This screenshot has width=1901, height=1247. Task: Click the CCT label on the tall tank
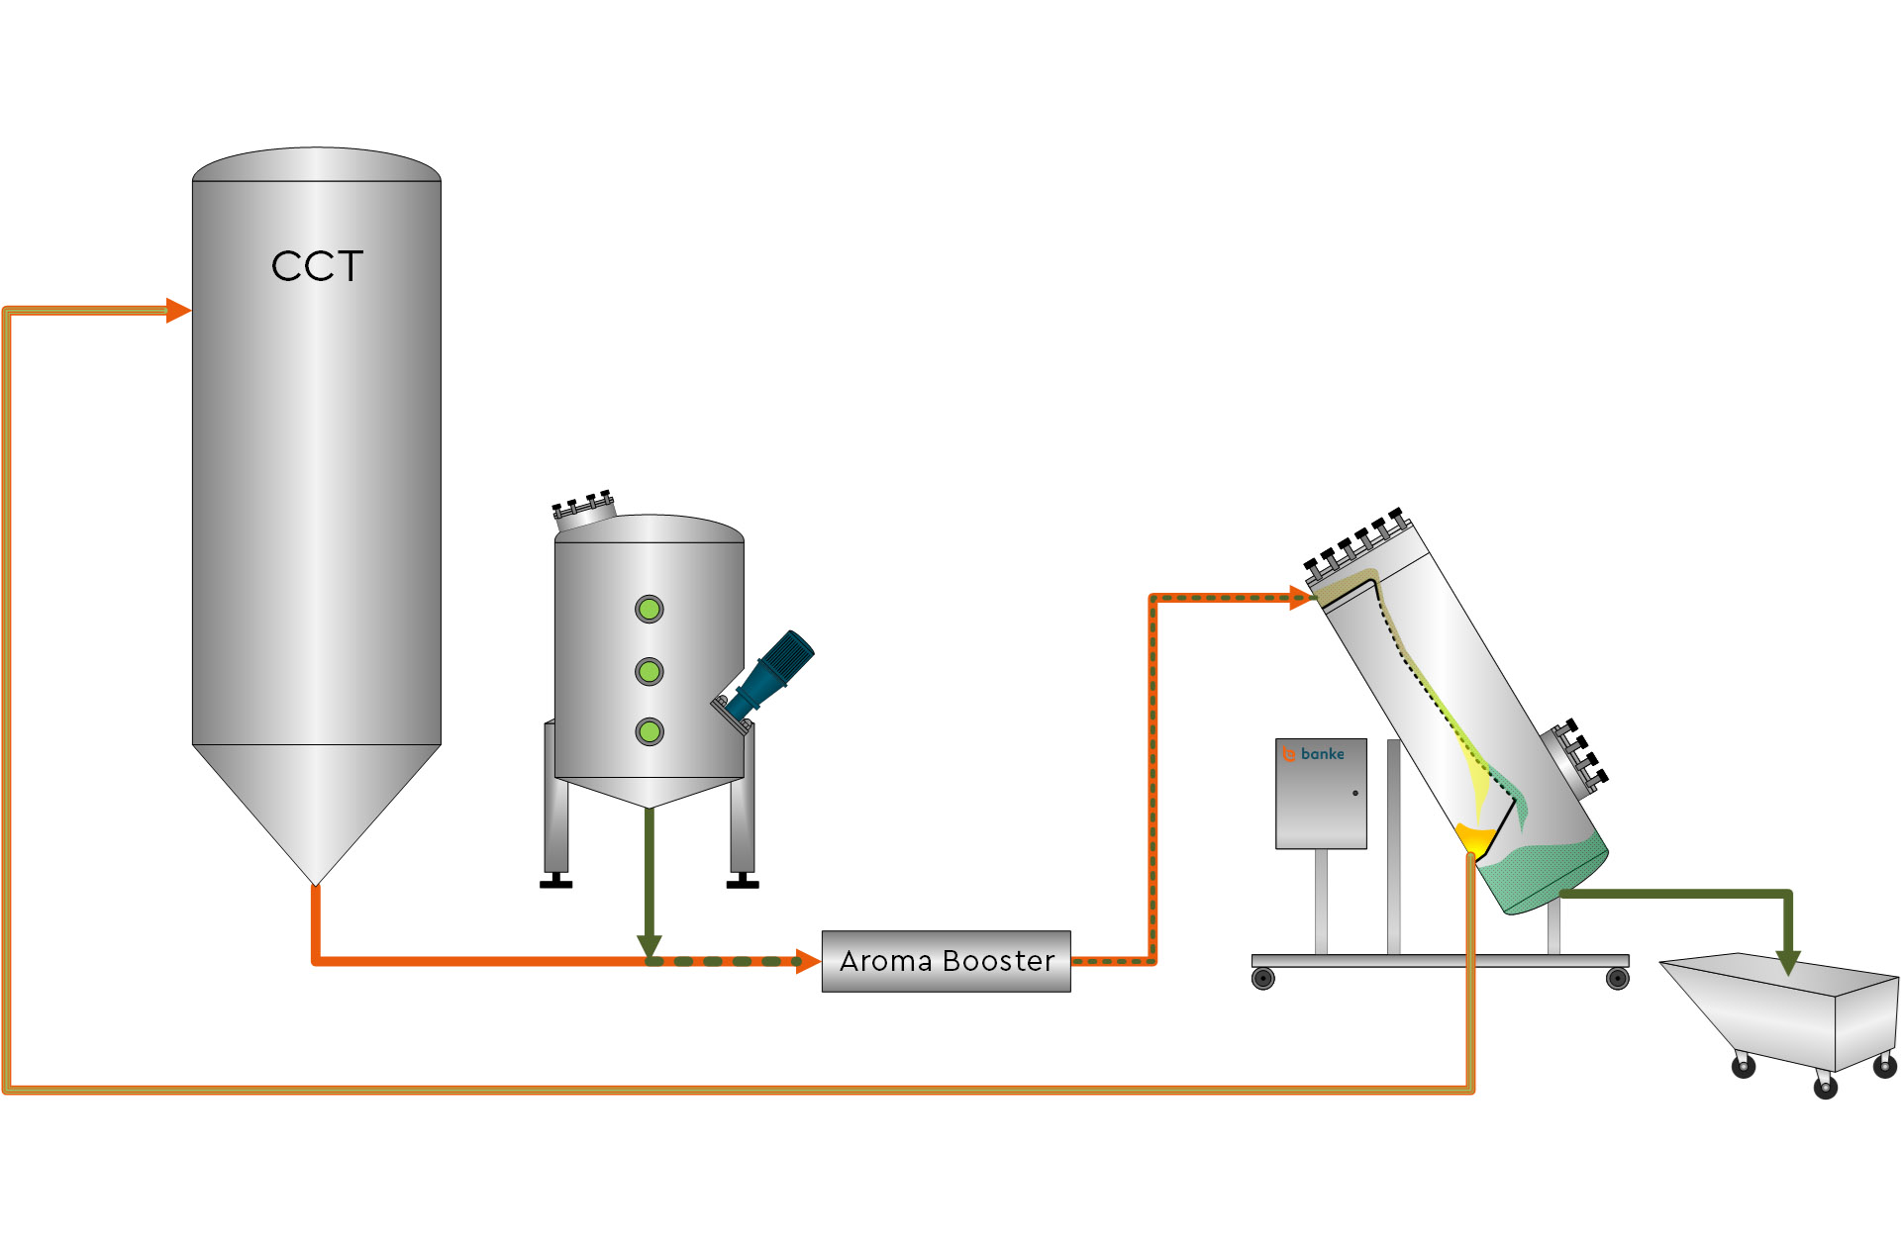317,266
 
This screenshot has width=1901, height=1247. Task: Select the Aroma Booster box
946,961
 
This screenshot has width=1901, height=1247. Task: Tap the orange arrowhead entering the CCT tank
178,311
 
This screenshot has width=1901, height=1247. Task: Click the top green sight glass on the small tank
650,609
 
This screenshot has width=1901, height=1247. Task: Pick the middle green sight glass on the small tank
650,672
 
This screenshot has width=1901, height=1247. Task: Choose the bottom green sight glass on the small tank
650,732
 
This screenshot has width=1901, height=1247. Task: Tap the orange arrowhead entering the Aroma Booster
808,961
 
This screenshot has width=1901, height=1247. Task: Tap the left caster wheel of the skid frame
1263,980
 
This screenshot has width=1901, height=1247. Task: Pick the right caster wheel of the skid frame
1618,980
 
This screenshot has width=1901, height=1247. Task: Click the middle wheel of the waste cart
1826,1088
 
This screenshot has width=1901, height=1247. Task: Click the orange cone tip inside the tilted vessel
1474,838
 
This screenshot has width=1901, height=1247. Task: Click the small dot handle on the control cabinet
1355,793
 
